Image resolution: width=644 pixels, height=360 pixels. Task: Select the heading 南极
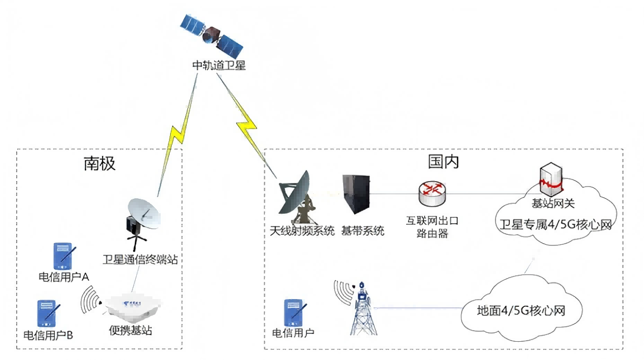pos(100,163)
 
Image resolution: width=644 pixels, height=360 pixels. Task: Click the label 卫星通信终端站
pos(140,259)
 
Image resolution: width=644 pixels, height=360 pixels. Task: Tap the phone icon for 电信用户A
pos(63,255)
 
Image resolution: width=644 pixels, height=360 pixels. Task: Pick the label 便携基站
pos(130,331)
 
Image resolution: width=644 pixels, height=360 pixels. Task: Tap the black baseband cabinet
pos(356,198)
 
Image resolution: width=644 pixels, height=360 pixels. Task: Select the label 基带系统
pos(363,231)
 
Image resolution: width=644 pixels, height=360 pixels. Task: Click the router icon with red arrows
pos(432,192)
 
